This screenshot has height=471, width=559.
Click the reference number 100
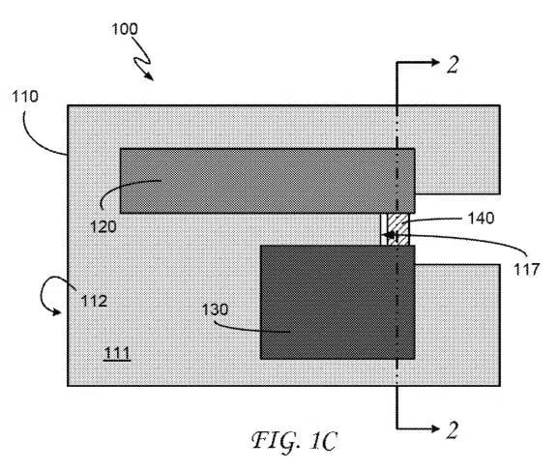pyautogui.click(x=125, y=29)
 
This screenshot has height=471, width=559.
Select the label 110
pyautogui.click(x=25, y=97)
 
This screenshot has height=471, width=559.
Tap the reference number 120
pyautogui.click(x=103, y=226)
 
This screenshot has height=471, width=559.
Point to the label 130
pyautogui.click(x=215, y=309)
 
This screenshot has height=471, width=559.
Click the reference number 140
pyautogui.click(x=481, y=219)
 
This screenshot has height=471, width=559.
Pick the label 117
pyautogui.click(x=526, y=270)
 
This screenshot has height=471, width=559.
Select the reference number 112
pyautogui.click(x=94, y=302)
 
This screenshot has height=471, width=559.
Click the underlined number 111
pyautogui.click(x=117, y=354)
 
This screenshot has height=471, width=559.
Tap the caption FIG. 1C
pyautogui.click(x=294, y=442)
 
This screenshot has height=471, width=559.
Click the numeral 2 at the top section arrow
pyautogui.click(x=453, y=65)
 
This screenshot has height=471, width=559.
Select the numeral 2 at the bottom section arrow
pyautogui.click(x=453, y=430)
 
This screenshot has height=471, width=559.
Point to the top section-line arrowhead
pyautogui.click(x=435, y=63)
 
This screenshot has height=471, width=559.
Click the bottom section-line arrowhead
pyautogui.click(x=435, y=428)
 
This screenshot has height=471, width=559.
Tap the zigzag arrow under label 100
pyautogui.click(x=142, y=59)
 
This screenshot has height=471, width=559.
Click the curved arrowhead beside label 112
pyautogui.click(x=57, y=311)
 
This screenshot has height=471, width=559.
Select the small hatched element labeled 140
pyautogui.click(x=397, y=229)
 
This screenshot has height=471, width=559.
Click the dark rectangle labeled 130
pyautogui.click(x=338, y=302)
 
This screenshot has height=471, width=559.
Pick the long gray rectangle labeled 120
pyautogui.click(x=267, y=181)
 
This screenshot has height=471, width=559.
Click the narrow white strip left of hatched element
pyautogui.click(x=384, y=229)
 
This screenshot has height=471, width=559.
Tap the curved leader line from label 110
pyautogui.click(x=34, y=142)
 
